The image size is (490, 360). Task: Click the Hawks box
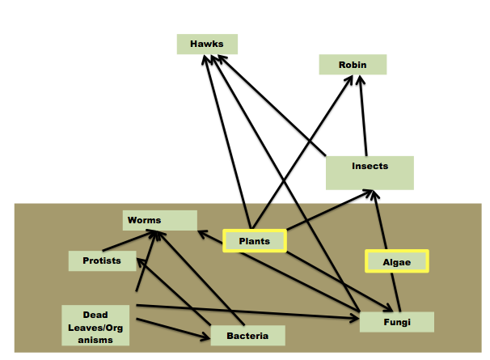pyautogui.click(x=207, y=44)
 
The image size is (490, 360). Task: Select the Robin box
pyautogui.click(x=353, y=64)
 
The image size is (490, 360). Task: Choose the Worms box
pyautogui.click(x=160, y=219)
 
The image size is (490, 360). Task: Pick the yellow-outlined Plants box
pyautogui.click(x=254, y=241)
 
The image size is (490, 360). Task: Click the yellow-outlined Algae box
pyautogui.click(x=395, y=261)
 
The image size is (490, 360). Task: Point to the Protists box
pyautogui.click(x=101, y=260)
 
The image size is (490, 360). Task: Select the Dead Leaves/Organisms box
pyautogui.click(x=95, y=326)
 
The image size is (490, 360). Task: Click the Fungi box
pyautogui.click(x=397, y=321)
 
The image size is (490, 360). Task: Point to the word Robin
pyautogui.click(x=353, y=63)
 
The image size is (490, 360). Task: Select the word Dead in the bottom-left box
pyautogui.click(x=95, y=315)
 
